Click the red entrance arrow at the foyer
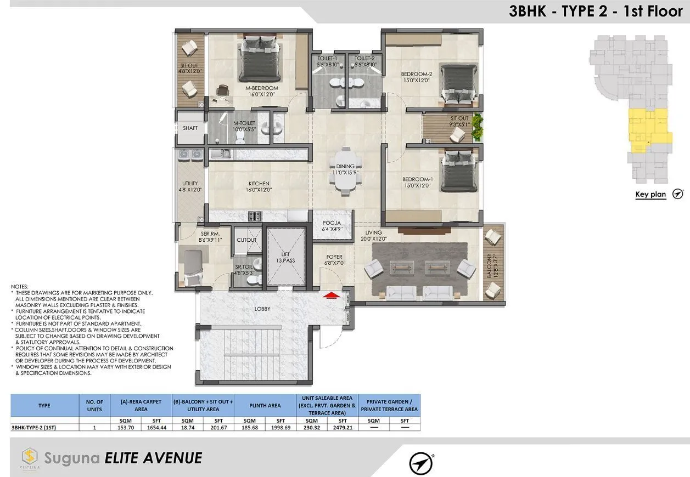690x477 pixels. pos(330,296)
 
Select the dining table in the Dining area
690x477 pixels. pos(346,171)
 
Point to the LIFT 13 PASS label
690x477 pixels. pos(285,257)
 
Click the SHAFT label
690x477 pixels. pos(190,128)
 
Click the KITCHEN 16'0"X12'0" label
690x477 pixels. pos(258,186)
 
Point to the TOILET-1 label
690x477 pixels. pos(327,58)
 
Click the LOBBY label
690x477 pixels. pos(262,309)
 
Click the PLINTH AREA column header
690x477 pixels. pos(265,406)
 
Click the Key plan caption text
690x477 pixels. pos(650,194)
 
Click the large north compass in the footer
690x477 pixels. pos(421,463)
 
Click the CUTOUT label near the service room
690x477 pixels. pos(246,240)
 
